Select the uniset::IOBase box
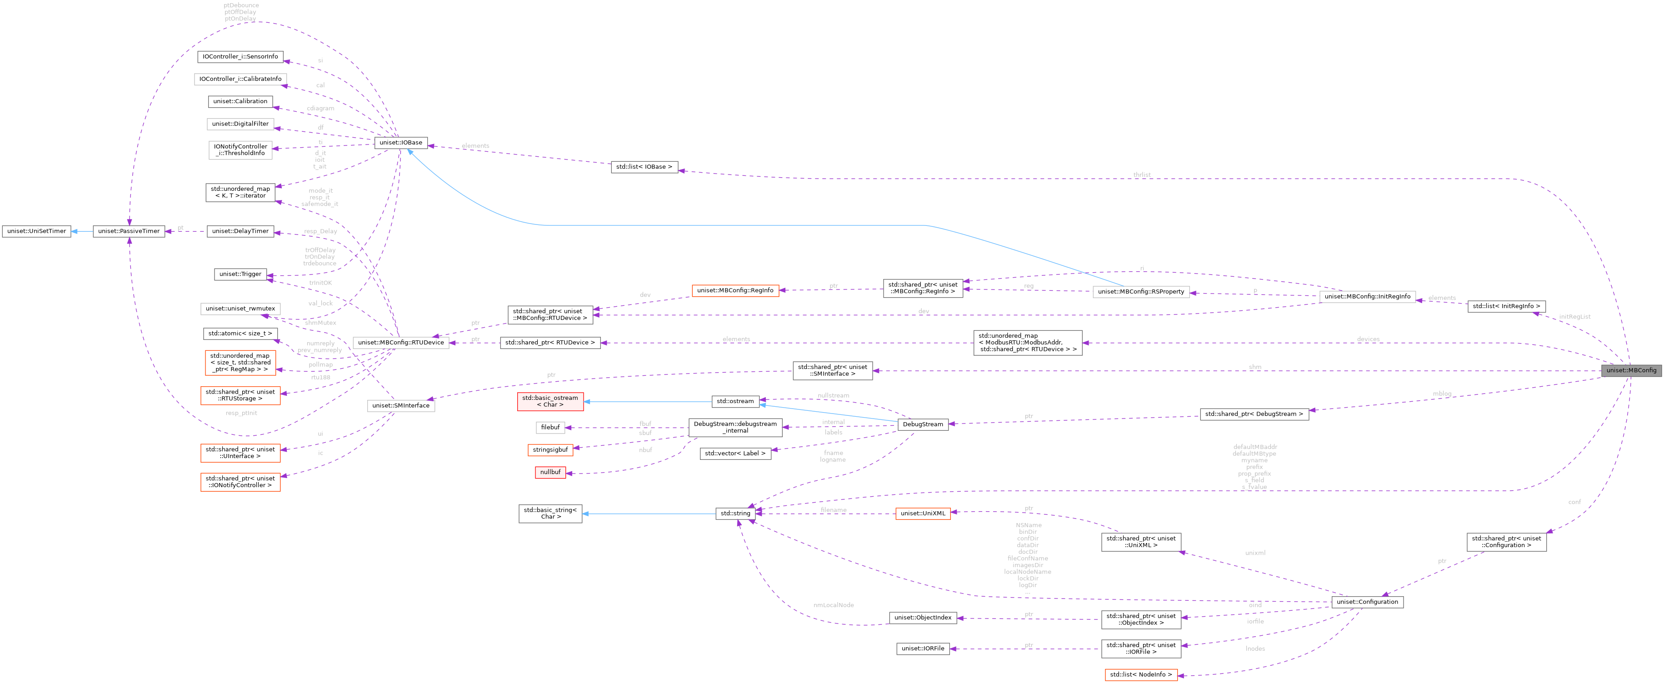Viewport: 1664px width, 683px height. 400,143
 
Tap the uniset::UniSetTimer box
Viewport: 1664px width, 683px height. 36,231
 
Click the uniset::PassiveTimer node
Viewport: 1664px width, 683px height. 129,231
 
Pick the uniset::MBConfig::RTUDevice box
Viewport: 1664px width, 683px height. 400,342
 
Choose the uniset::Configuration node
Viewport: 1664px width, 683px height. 1367,602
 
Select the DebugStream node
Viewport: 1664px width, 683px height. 922,424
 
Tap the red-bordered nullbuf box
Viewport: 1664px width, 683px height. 550,472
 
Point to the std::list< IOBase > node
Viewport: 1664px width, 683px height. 644,167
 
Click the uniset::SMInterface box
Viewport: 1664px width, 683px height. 400,405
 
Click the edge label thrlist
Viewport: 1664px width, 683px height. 1141,175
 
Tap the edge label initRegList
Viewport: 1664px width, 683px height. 1574,317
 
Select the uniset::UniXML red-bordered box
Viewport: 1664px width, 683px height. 922,513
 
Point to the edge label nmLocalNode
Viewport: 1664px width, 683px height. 833,605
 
